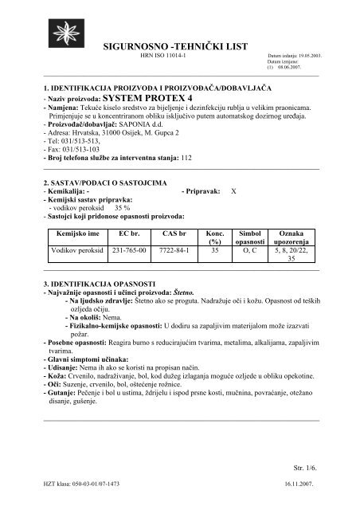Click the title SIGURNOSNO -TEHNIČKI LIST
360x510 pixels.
tap(178, 49)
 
